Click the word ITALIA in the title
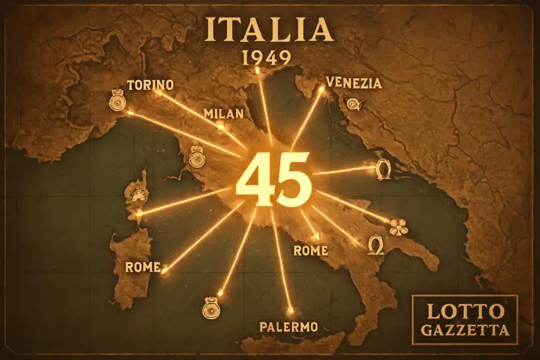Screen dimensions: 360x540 click(x=269, y=30)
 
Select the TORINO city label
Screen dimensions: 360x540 click(x=151, y=85)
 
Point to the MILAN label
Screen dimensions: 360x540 click(x=223, y=113)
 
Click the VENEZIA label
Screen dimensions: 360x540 click(x=353, y=83)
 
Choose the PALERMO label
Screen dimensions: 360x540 click(x=288, y=327)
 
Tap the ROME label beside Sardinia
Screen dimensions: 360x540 click(x=143, y=267)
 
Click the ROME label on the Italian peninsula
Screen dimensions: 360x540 click(x=310, y=250)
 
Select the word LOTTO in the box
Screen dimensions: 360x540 click(x=464, y=311)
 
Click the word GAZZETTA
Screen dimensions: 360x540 click(x=464, y=330)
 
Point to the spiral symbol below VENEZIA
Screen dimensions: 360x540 click(x=354, y=104)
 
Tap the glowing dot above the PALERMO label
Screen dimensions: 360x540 click(x=291, y=311)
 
